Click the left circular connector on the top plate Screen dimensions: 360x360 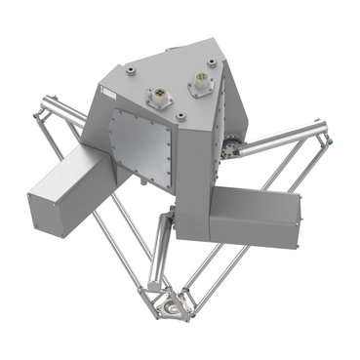(154, 96)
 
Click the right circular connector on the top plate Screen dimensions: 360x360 (200, 86)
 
